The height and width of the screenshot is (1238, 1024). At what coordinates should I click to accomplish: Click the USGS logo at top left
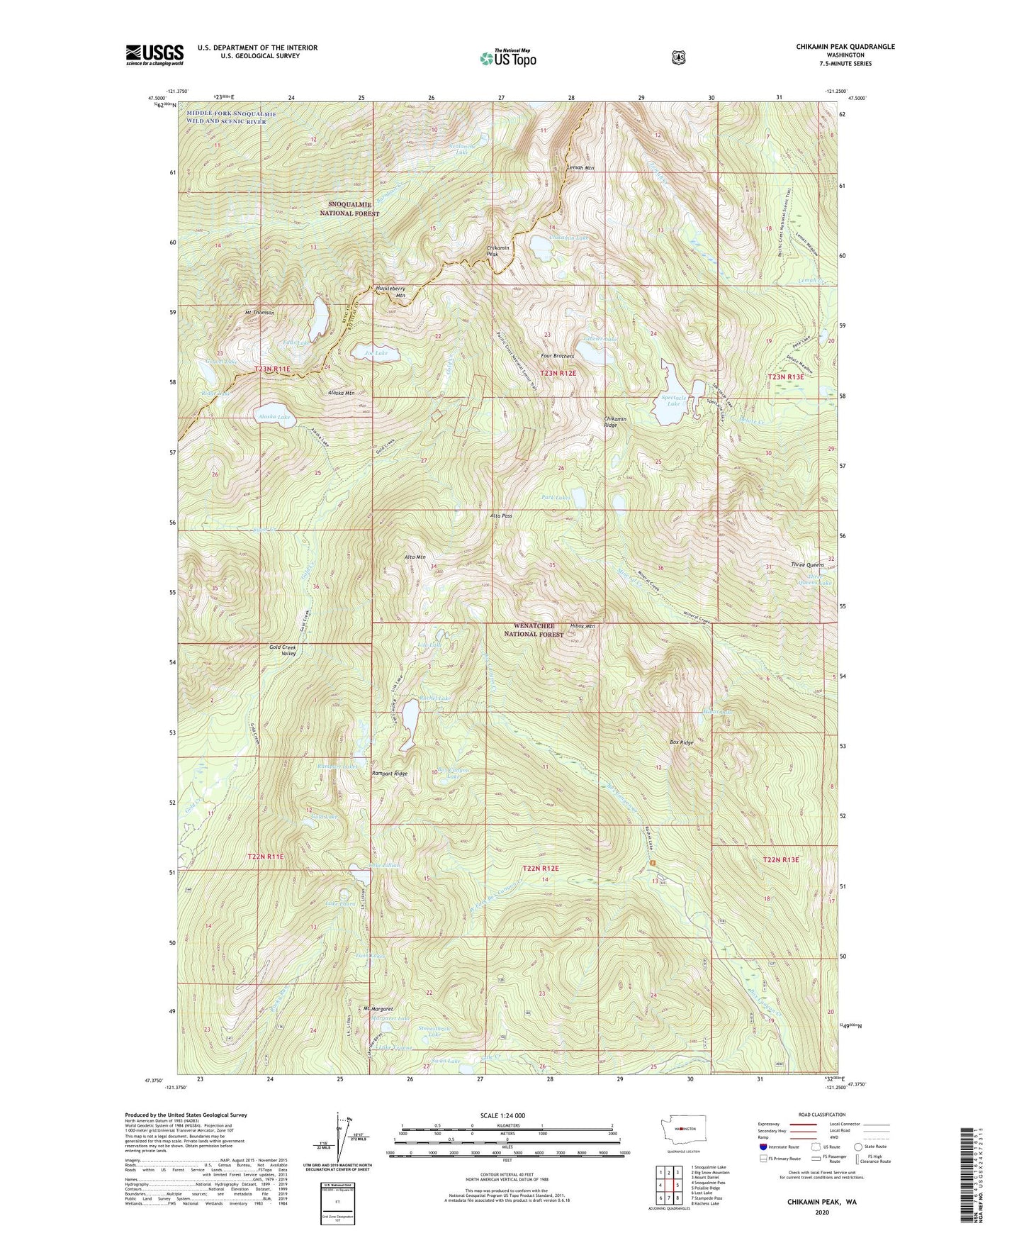click(x=154, y=55)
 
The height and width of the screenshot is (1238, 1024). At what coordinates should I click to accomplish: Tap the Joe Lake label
click(x=376, y=353)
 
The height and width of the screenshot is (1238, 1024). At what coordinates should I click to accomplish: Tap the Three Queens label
click(x=807, y=565)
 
